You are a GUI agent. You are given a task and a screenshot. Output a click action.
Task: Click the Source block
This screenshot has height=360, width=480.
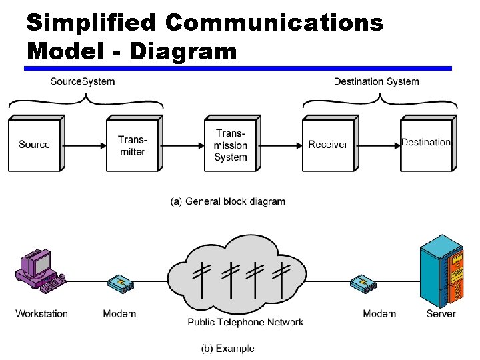tap(35, 144)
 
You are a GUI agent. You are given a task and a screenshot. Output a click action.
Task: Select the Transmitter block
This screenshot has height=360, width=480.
tap(132, 145)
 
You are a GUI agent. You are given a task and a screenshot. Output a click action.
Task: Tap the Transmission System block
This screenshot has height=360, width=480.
tap(230, 145)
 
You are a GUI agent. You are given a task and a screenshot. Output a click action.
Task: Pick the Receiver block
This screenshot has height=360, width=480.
tap(327, 145)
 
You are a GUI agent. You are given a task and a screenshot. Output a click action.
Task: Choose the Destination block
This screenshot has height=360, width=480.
tap(425, 143)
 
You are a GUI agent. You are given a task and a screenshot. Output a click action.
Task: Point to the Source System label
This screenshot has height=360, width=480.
tap(83, 81)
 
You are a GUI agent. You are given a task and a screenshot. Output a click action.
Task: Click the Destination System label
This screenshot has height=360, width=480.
tap(376, 81)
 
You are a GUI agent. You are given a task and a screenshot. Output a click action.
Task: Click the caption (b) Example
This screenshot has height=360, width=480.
tap(228, 348)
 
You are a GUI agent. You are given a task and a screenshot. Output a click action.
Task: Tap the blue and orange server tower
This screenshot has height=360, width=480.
tap(441, 271)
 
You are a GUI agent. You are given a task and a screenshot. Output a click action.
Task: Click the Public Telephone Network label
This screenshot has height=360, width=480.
tap(245, 322)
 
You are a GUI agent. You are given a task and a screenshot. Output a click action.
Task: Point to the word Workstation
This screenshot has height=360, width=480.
tap(41, 313)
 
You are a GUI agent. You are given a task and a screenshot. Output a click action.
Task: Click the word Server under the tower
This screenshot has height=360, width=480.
tap(441, 313)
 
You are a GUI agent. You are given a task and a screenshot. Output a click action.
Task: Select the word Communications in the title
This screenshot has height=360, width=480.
tap(274, 23)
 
